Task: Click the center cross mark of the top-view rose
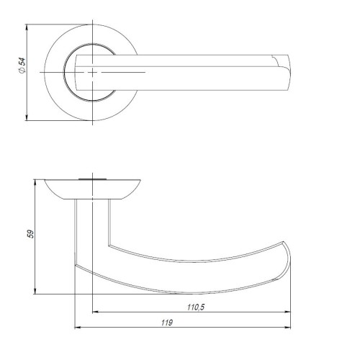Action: click(94, 73)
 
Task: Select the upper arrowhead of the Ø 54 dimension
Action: click(27, 28)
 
